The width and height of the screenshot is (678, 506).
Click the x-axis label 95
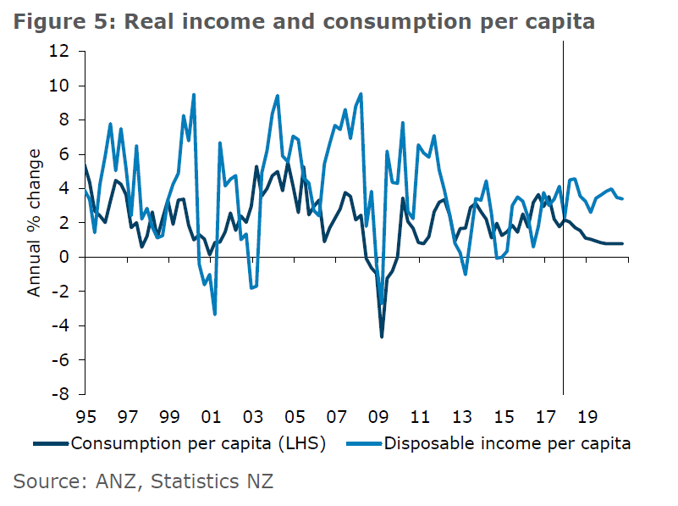(85, 417)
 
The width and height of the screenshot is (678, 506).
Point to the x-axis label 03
(251, 417)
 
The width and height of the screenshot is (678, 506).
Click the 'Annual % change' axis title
(35, 223)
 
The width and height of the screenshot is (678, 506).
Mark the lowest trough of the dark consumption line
(382, 336)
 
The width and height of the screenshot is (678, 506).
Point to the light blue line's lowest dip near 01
(215, 314)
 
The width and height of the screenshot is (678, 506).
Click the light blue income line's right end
(624, 198)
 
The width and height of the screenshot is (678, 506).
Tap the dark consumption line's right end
(624, 243)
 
